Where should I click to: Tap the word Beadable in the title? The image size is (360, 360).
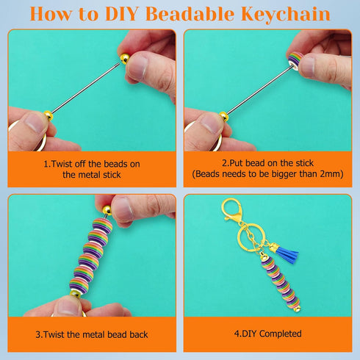[188, 13]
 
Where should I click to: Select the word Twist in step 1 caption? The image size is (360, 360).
[65, 163]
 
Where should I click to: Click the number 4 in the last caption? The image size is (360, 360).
[237, 334]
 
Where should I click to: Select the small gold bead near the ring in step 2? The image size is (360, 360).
[224, 115]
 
